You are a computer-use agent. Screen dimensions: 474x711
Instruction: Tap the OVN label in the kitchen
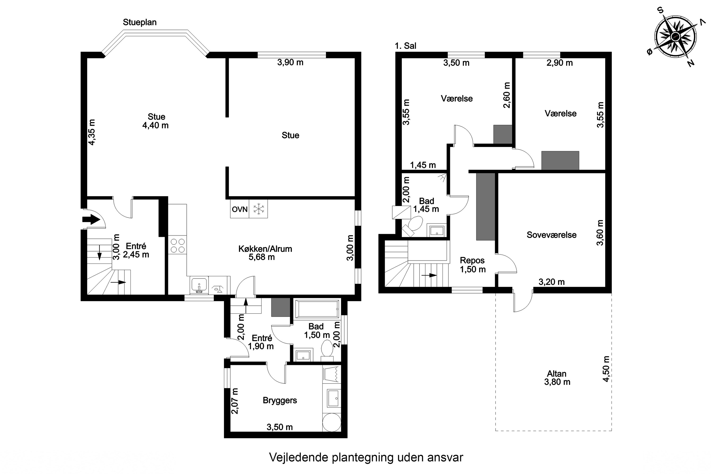[x=239, y=209]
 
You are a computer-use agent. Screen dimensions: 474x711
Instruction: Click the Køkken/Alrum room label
[x=265, y=249]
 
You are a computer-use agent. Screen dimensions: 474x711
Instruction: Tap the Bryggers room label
[x=280, y=400]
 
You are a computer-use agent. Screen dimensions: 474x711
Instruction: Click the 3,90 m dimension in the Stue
[x=290, y=63]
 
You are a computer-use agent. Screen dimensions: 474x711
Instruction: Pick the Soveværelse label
[x=551, y=235]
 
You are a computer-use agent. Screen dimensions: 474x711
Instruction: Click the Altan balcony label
[x=556, y=374]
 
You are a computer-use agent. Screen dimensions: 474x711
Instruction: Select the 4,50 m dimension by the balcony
[x=606, y=369]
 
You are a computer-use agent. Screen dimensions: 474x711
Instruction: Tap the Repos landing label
[x=472, y=260]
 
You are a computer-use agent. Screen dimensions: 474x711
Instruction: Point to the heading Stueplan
[x=140, y=22]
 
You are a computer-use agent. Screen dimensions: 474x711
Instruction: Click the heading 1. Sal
[x=405, y=46]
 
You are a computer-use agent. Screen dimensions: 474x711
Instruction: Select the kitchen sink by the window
[x=199, y=285]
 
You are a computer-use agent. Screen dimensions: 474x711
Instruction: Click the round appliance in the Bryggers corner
[x=331, y=423]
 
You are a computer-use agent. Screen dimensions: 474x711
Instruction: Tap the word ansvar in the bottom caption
[x=445, y=457]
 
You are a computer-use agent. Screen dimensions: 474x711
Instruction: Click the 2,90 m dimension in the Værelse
[x=559, y=63]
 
